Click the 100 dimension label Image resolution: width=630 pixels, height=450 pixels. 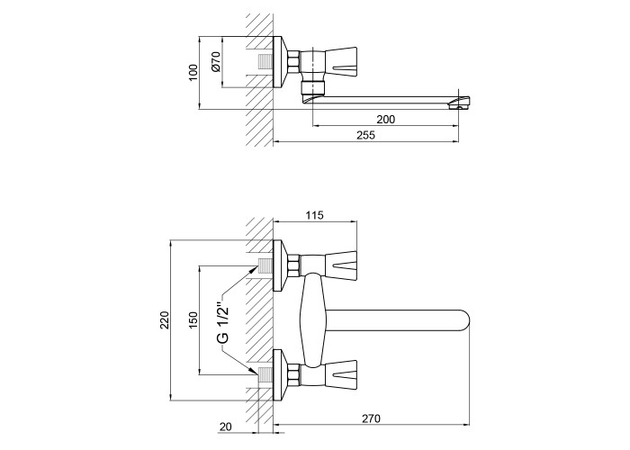tap(193, 73)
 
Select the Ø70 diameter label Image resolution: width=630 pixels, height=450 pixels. tap(216, 62)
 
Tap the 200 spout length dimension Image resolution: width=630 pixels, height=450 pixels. tap(386, 120)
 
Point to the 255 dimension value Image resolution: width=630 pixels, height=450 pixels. tap(365, 135)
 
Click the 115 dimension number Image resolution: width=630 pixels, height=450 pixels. tap(315, 215)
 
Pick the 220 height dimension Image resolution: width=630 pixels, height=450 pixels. tap(165, 319)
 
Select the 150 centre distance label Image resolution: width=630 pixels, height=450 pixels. tap(193, 320)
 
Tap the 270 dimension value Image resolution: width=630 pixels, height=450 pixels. tap(371, 418)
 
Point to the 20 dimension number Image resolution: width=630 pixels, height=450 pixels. tap(226, 427)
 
